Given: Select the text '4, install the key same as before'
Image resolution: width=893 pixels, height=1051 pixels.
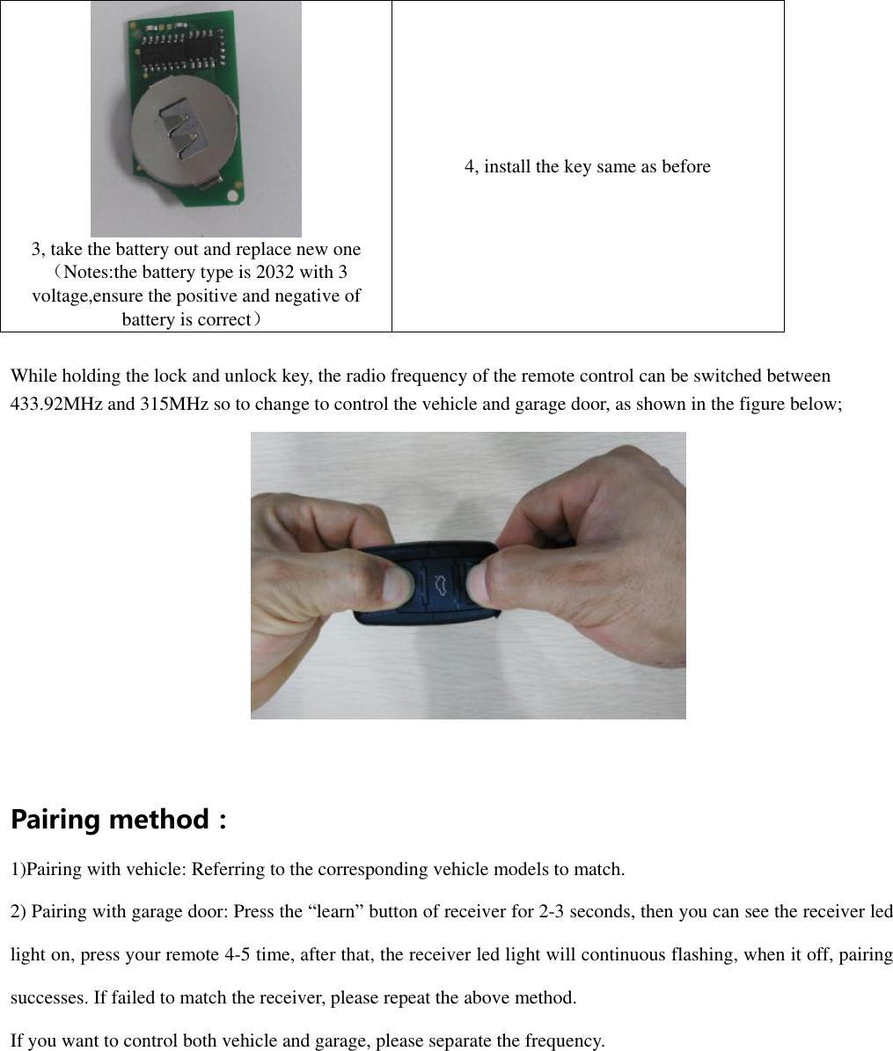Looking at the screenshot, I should pos(587,166).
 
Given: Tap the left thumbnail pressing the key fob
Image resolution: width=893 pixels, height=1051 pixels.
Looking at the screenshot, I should pos(399,584).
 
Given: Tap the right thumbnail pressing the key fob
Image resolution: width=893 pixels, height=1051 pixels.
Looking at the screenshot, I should pos(478,582).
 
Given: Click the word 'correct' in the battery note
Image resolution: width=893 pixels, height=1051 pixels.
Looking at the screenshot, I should pos(219,319).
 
